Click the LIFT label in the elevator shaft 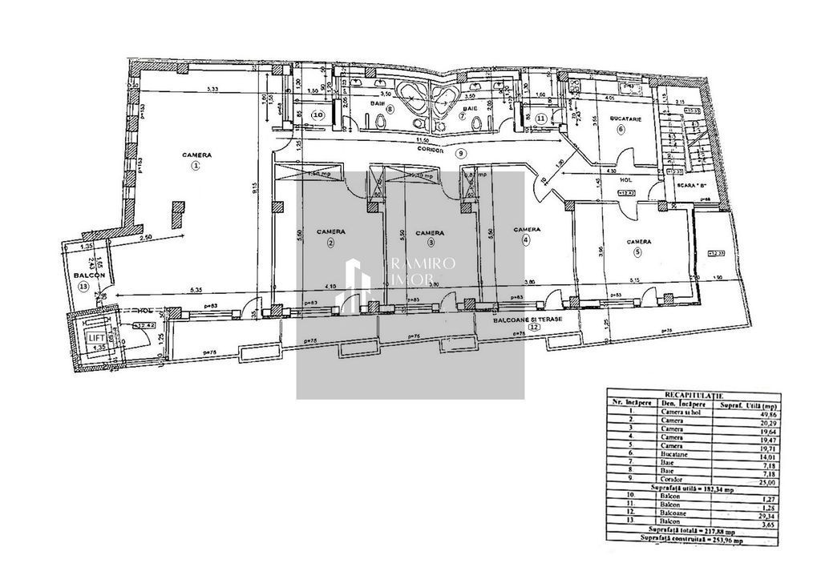tap(95, 339)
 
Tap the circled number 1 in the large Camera tap(195, 167)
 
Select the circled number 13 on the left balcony tap(85, 288)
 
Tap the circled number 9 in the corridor tap(460, 153)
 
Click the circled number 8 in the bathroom tap(390, 110)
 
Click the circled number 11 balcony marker tap(541, 119)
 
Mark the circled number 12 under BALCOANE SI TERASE tap(522, 326)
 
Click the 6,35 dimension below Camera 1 tap(189, 288)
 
